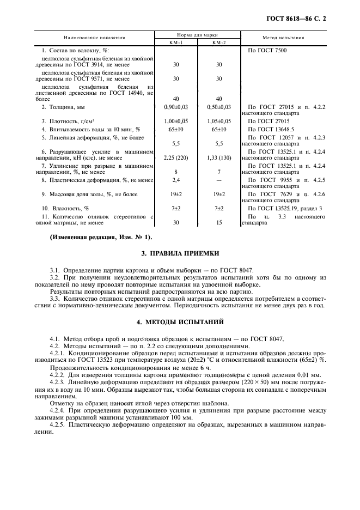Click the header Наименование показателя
[x=95, y=38]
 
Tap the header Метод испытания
[x=284, y=38]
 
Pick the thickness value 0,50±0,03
[x=219, y=107]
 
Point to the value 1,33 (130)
[x=219, y=157]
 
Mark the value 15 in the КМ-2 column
[x=219, y=222]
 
